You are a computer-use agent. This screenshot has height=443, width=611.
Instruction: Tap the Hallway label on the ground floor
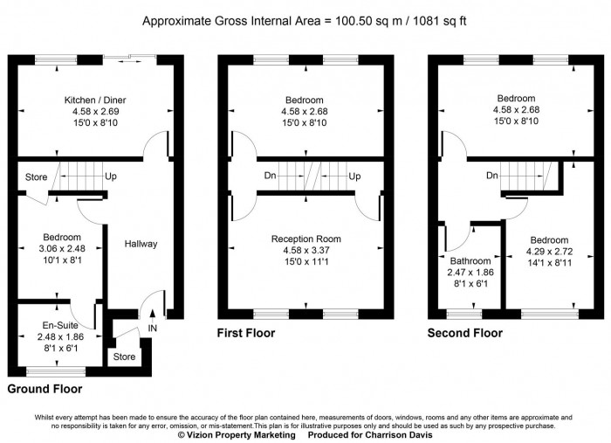141,244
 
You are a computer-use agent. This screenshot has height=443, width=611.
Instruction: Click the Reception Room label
305,239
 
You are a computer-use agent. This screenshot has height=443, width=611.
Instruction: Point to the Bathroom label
470,261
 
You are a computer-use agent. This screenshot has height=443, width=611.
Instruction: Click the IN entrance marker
154,328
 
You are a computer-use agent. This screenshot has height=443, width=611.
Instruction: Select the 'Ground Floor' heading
45,388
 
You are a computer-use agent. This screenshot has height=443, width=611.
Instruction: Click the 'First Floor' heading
245,333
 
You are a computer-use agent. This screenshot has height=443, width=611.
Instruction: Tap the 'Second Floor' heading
464,333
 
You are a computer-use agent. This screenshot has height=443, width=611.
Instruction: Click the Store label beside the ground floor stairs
36,178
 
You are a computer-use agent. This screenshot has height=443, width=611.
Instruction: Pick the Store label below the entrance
125,356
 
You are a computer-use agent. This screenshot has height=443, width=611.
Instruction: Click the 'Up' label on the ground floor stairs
111,177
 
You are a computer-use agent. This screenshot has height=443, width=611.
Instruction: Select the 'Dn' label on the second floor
492,176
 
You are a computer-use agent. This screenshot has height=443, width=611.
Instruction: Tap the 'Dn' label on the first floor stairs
271,177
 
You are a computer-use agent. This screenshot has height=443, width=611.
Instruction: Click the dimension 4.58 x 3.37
305,250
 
